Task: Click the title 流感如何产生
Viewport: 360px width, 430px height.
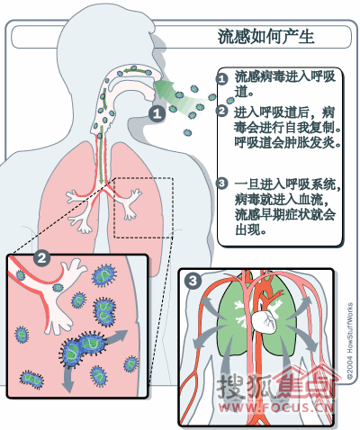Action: (265, 37)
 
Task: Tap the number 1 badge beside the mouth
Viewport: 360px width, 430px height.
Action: (157, 114)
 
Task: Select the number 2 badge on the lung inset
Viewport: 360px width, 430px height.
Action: (41, 258)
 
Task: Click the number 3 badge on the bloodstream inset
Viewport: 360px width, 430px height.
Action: (193, 281)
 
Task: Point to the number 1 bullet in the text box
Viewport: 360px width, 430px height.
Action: (221, 79)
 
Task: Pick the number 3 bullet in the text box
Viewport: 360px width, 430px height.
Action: (221, 183)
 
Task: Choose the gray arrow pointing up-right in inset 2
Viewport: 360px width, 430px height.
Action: (117, 336)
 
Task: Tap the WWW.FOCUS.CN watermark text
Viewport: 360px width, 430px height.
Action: (276, 408)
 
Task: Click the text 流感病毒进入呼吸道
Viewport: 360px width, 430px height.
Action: (285, 85)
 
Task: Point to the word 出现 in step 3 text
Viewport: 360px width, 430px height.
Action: (249, 230)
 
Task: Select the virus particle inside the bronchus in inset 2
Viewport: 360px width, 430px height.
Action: (21, 275)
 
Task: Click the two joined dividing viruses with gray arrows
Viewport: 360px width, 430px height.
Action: (83, 348)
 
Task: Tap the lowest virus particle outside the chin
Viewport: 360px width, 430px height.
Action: (187, 132)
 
